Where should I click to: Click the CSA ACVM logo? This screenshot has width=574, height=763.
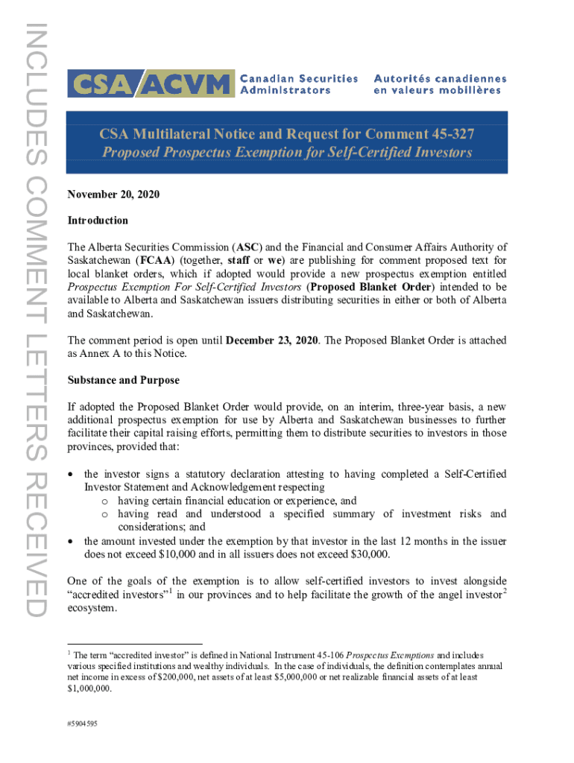(148, 83)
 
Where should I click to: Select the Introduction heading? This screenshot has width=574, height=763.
(98, 221)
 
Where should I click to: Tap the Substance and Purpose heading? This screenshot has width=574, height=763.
(123, 380)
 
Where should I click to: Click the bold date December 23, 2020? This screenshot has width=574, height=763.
(271, 341)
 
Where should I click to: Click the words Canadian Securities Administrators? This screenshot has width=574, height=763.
(298, 83)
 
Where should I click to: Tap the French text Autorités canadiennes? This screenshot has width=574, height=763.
(440, 78)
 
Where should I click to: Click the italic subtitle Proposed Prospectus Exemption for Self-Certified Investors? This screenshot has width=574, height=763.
(287, 153)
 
